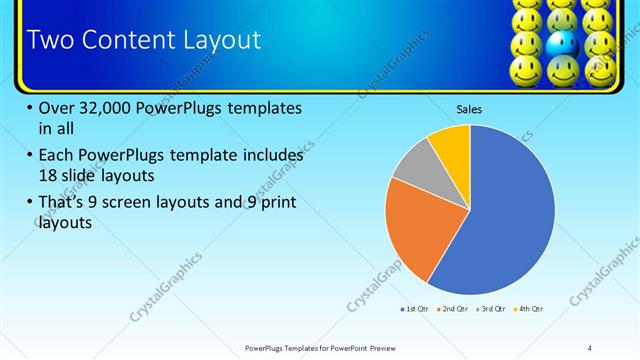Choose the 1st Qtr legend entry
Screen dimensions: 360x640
click(x=413, y=309)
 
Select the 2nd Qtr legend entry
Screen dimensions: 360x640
click(x=453, y=309)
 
